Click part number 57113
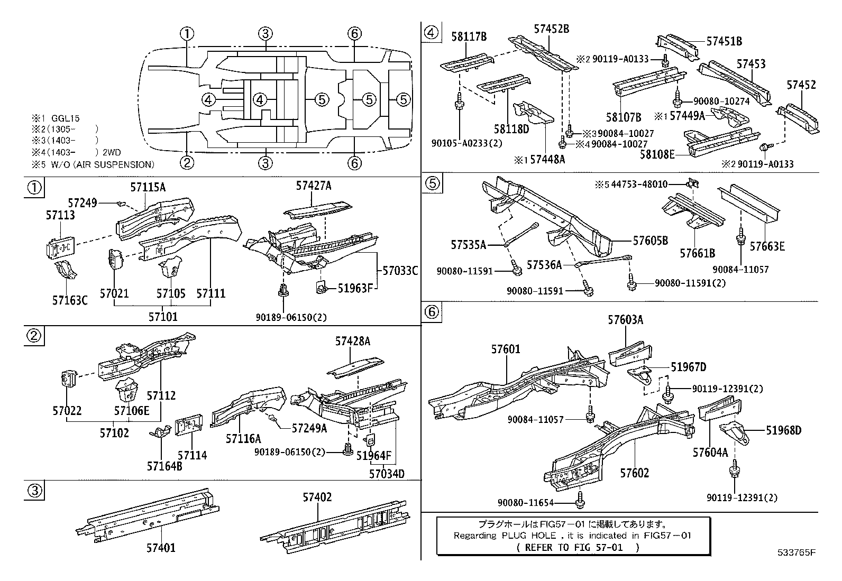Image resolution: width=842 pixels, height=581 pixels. click(x=60, y=215)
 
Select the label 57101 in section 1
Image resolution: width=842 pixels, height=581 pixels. click(x=163, y=317)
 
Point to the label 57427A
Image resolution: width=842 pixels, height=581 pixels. click(x=314, y=186)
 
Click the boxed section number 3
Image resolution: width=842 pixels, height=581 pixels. click(x=33, y=491)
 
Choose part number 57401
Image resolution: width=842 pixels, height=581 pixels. click(x=161, y=548)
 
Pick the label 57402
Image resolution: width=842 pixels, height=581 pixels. click(x=317, y=497)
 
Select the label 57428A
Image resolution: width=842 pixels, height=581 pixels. click(x=352, y=342)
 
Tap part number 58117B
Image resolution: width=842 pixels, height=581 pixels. click(x=469, y=36)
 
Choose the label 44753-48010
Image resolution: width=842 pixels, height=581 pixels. click(x=640, y=185)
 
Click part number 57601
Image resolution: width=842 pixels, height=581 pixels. click(x=506, y=349)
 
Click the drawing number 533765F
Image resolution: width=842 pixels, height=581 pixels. click(x=796, y=554)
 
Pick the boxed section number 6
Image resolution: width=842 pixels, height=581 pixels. click(x=432, y=312)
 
